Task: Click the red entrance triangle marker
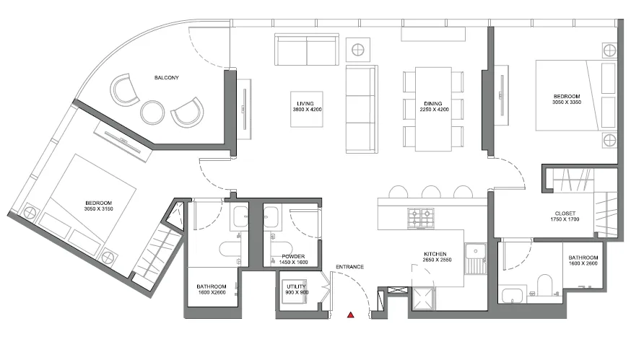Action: (351, 315)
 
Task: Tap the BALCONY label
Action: (167, 78)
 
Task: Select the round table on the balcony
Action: (152, 113)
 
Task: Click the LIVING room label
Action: (305, 103)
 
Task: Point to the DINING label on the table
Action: (433, 103)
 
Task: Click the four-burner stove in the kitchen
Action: (421, 219)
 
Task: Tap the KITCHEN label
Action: (435, 254)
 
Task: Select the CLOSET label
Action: (565, 214)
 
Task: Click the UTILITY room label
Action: (297, 287)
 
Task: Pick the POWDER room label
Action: (293, 257)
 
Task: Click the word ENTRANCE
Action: (349, 267)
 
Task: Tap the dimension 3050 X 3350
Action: (567, 102)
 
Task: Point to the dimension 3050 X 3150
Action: (99, 208)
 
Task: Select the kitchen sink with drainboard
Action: (476, 258)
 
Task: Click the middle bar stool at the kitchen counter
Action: (430, 191)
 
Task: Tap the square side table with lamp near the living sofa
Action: (358, 50)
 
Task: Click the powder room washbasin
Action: (271, 217)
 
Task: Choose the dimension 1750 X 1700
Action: (565, 219)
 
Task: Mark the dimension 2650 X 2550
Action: (437, 260)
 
